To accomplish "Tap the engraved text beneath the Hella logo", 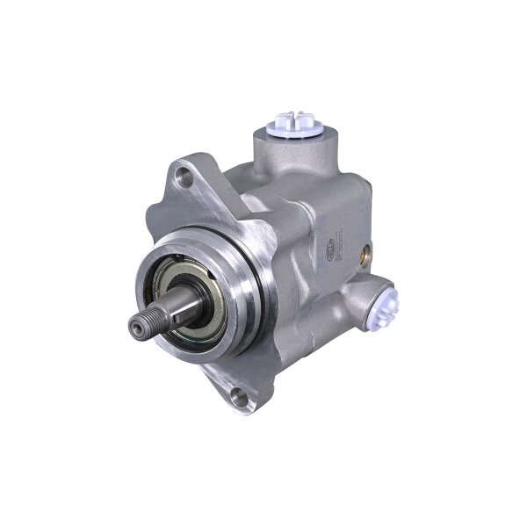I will tap(338, 271).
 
